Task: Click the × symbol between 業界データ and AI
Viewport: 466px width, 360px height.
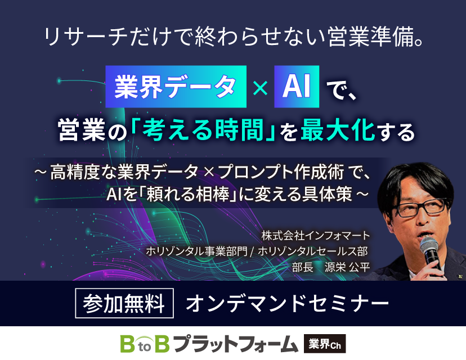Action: pyautogui.click(x=260, y=88)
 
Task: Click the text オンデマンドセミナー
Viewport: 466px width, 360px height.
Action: pyautogui.click(x=286, y=304)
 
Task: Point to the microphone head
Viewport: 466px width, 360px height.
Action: pyautogui.click(x=429, y=247)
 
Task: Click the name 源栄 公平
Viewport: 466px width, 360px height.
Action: pyautogui.click(x=347, y=267)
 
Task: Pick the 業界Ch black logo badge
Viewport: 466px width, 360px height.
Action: pyautogui.click(x=325, y=343)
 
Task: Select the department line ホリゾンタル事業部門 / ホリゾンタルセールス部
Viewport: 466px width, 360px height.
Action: pyautogui.click(x=257, y=251)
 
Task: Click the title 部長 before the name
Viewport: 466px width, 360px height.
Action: pyautogui.click(x=302, y=267)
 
